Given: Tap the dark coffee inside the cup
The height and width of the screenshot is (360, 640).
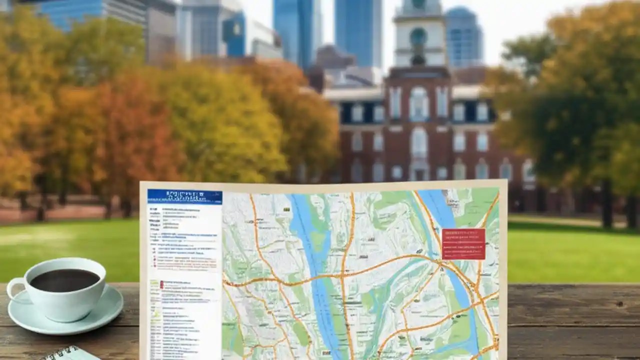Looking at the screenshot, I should [65, 279].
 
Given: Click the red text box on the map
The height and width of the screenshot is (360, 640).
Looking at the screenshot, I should [463, 244].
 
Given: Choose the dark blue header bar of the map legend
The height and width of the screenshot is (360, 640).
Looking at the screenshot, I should [184, 196].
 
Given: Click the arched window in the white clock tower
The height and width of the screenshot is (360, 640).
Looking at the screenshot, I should [418, 38].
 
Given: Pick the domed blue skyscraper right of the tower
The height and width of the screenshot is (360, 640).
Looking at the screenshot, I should [463, 37].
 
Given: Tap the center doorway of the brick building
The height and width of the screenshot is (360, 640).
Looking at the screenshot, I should [419, 170].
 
